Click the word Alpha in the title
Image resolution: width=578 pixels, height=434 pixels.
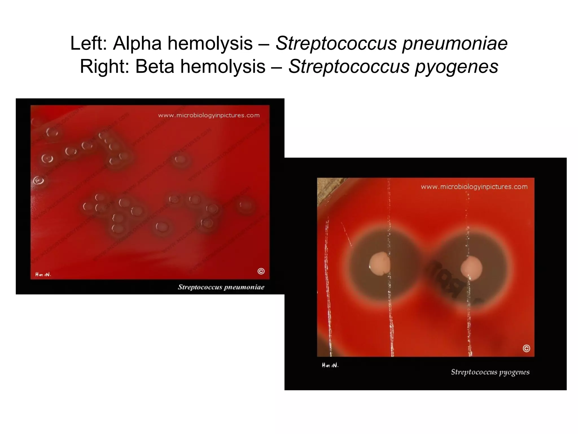(137, 44)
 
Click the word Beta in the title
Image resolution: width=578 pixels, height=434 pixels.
(154, 67)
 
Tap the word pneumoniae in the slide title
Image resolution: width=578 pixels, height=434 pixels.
(455, 44)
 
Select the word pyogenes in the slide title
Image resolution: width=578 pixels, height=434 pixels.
(456, 67)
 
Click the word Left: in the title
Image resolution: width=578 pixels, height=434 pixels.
(89, 44)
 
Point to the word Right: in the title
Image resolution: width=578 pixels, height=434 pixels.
(104, 67)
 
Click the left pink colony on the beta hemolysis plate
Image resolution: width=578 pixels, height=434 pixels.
(380, 264)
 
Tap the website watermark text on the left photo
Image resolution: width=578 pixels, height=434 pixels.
(209, 115)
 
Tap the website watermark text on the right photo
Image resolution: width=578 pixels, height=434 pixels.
(474, 187)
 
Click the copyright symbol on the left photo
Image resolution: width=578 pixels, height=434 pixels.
(261, 271)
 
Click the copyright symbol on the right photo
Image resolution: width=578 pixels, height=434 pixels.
(526, 348)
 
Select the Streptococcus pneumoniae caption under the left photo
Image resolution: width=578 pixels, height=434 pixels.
(221, 287)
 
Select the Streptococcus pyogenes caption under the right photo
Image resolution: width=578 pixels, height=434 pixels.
(490, 372)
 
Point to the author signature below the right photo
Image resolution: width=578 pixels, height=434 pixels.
(330, 365)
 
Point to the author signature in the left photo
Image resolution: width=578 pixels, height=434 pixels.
(43, 274)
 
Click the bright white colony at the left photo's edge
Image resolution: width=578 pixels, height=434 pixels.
(38, 181)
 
